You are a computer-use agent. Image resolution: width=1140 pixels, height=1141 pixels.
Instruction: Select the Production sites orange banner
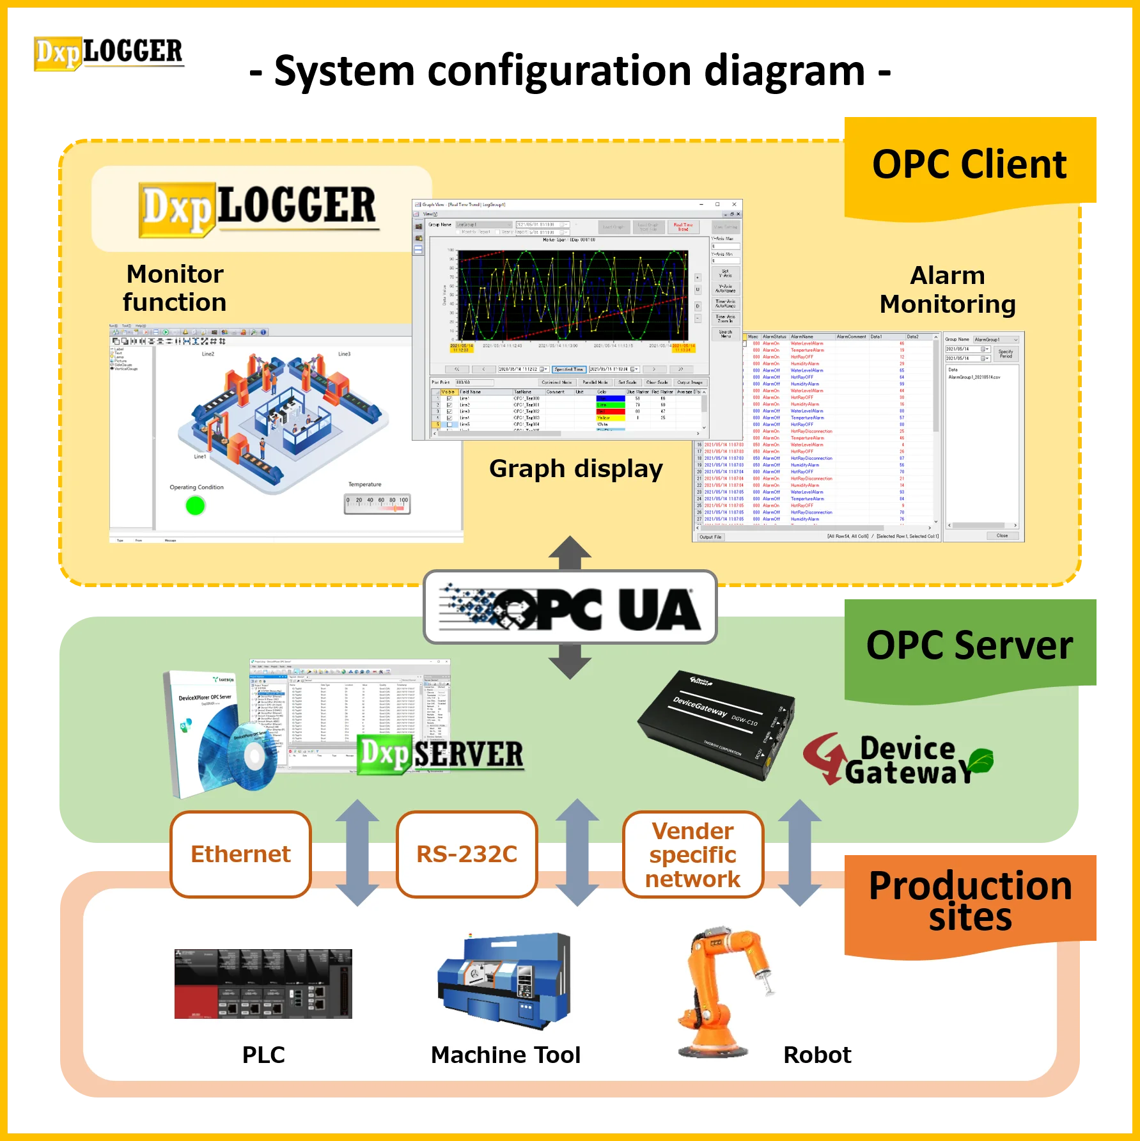(970, 901)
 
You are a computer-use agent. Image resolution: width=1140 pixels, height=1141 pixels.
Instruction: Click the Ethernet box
(240, 854)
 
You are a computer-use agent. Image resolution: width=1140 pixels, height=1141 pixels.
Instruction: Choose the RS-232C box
(467, 854)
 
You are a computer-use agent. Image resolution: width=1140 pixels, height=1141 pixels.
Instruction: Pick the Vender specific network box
(692, 854)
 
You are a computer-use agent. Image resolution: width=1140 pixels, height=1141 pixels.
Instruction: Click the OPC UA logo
(570, 607)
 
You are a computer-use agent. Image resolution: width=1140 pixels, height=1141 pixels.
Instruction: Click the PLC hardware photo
(263, 984)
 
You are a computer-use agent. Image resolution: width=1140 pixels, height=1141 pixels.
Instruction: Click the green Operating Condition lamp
(195, 506)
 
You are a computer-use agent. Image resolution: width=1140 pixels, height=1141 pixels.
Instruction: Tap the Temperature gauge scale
(377, 504)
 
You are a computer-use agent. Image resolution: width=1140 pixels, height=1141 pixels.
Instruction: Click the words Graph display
(575, 469)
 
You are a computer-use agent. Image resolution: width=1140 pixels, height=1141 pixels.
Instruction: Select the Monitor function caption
(175, 288)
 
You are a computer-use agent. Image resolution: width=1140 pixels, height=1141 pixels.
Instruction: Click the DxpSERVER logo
(441, 755)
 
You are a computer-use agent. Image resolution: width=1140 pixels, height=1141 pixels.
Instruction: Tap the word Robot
(817, 1055)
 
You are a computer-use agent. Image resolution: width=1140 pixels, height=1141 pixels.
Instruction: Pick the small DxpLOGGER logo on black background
(107, 54)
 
